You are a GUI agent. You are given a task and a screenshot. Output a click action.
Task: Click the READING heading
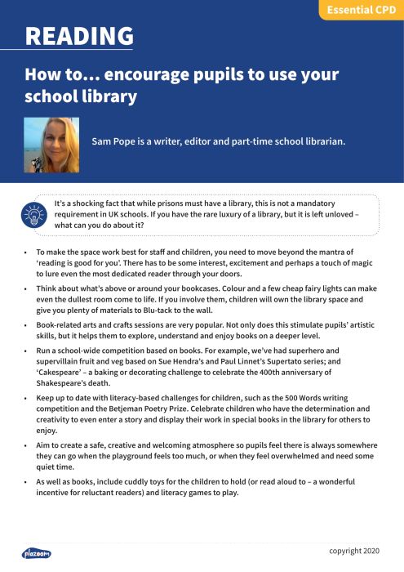pyautogui.click(x=79, y=37)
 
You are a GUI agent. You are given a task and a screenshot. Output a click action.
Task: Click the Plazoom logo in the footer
pyautogui.click(x=35, y=553)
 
